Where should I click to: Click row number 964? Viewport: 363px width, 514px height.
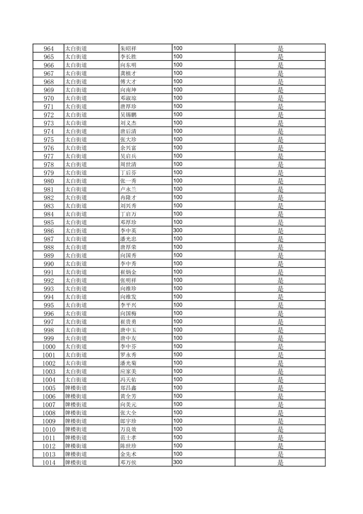pyautogui.click(x=49, y=48)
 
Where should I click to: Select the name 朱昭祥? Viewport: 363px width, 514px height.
pyautogui.click(x=128, y=48)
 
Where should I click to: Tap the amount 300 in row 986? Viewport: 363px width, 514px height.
pyautogui.click(x=178, y=230)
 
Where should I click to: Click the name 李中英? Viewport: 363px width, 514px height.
pyautogui.click(x=128, y=231)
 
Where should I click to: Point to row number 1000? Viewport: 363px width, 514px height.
pyautogui.click(x=49, y=347)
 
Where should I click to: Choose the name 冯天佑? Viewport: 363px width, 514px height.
pyautogui.click(x=128, y=380)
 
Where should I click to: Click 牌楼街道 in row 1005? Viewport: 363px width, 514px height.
pyautogui.click(x=76, y=388)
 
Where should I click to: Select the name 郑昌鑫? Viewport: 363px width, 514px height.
pyautogui.click(x=128, y=388)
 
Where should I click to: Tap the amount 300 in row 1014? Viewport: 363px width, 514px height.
pyautogui.click(x=178, y=462)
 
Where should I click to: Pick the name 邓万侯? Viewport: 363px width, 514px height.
pyautogui.click(x=128, y=463)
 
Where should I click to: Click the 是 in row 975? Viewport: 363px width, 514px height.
pyautogui.click(x=281, y=140)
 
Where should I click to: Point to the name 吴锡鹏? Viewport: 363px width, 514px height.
pyautogui.click(x=128, y=115)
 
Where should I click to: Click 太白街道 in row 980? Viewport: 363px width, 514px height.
pyautogui.click(x=76, y=181)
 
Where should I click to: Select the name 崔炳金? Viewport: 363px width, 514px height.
pyautogui.click(x=128, y=272)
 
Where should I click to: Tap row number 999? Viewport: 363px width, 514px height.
pyautogui.click(x=49, y=338)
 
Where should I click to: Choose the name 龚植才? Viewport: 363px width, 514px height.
pyautogui.click(x=128, y=73)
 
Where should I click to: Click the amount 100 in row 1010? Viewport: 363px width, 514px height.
pyautogui.click(x=178, y=429)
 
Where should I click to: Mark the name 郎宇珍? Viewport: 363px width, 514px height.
pyautogui.click(x=128, y=421)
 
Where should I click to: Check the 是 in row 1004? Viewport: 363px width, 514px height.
pyautogui.click(x=281, y=380)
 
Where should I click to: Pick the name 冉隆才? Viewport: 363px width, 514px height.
pyautogui.click(x=128, y=197)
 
